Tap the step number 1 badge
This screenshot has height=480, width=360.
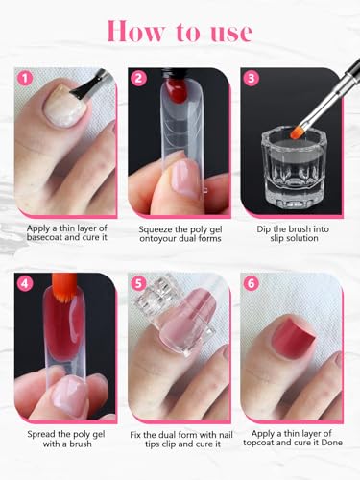(26, 75)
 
